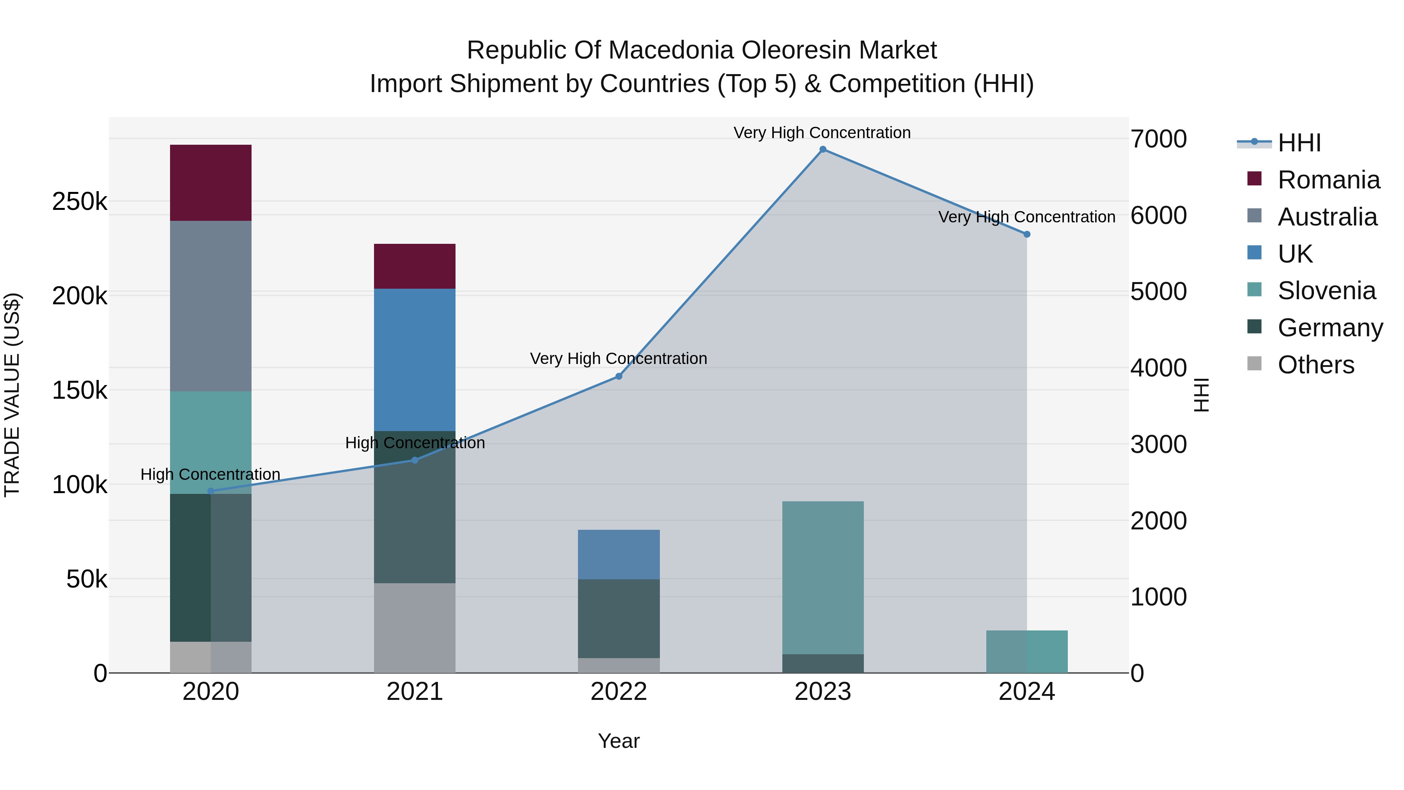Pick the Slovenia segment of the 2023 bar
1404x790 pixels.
point(823,577)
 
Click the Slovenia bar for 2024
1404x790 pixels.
point(1026,652)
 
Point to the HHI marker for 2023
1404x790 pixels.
point(823,149)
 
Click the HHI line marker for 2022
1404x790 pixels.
point(619,376)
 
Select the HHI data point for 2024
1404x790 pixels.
point(1026,234)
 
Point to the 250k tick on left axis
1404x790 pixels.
point(80,202)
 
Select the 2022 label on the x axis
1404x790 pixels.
point(619,692)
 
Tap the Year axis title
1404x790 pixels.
point(619,741)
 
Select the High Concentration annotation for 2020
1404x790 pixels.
point(210,474)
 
